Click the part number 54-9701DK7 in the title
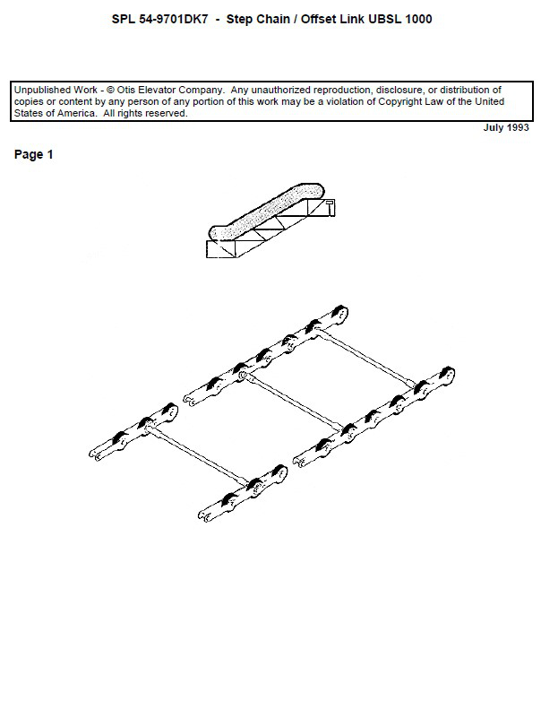tap(169, 19)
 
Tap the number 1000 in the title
tap(418, 19)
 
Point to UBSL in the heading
tap(382, 19)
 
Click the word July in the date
tap(494, 128)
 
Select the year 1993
tap(517, 128)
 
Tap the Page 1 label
tap(34, 155)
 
